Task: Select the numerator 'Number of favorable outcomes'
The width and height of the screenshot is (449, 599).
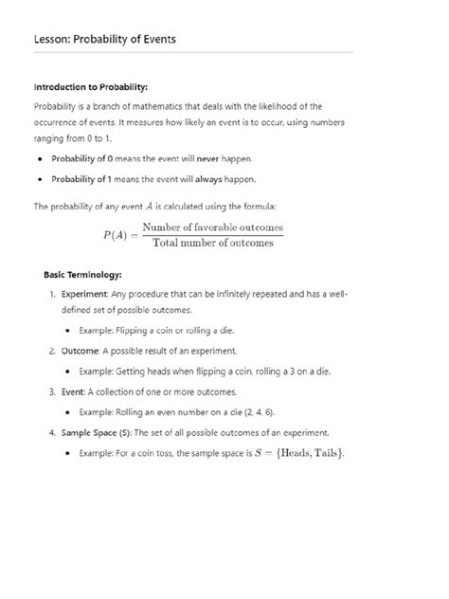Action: (212, 227)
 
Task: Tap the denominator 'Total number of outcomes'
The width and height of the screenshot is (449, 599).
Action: (212, 243)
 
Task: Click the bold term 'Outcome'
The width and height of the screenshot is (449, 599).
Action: (81, 350)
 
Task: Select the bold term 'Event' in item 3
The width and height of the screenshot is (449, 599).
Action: (74, 390)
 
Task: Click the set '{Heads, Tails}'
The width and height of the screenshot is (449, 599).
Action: (305, 452)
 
